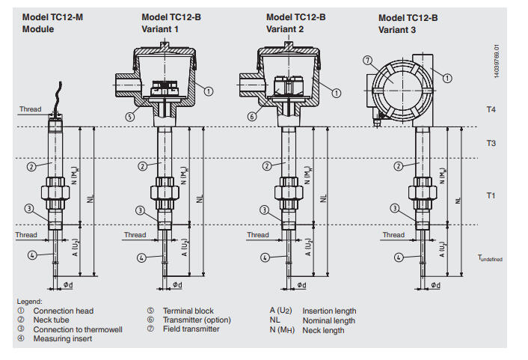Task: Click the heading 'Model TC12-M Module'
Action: pyautogui.click(x=51, y=22)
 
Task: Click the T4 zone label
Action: pyautogui.click(x=491, y=109)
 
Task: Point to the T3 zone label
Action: pyautogui.click(x=491, y=143)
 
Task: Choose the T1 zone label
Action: pyautogui.click(x=491, y=195)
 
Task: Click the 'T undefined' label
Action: pyautogui.click(x=490, y=257)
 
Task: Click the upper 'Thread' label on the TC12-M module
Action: pyautogui.click(x=30, y=109)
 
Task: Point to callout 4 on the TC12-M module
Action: pyautogui.click(x=31, y=254)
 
